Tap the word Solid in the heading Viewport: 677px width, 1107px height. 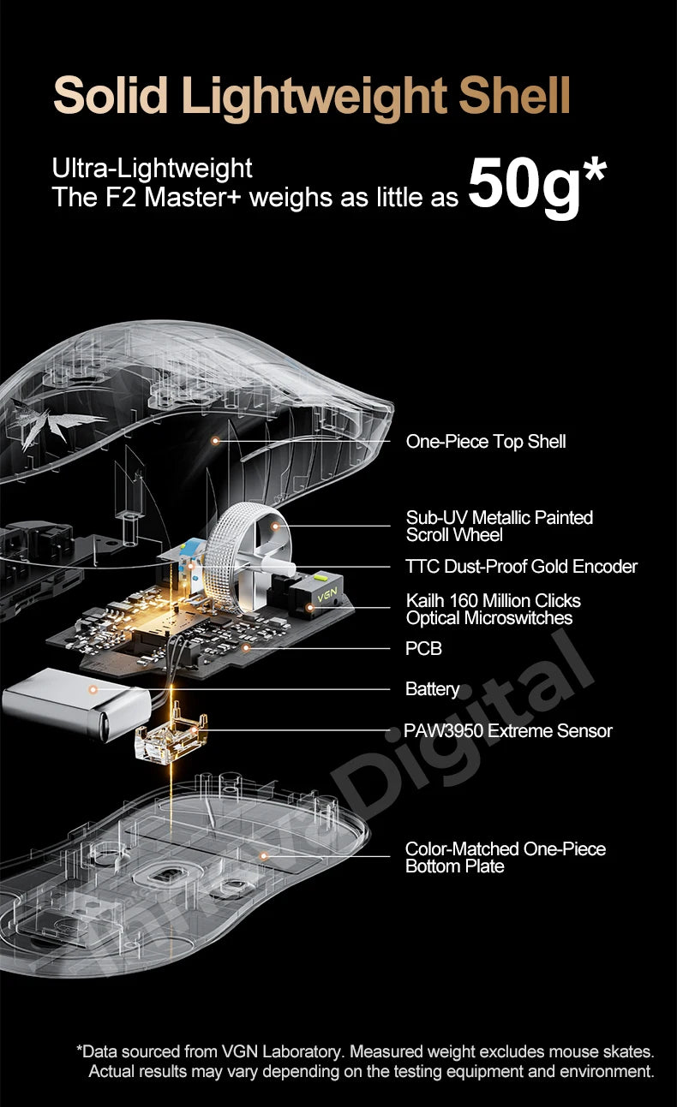(x=111, y=95)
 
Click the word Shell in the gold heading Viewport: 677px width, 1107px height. (x=514, y=95)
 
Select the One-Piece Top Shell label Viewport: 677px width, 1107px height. (x=486, y=441)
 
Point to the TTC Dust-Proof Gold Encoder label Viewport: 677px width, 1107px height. (x=521, y=567)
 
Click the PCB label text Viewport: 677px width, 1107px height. (x=423, y=648)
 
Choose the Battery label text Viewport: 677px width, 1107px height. (x=432, y=689)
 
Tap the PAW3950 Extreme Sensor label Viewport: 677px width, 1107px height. (x=508, y=730)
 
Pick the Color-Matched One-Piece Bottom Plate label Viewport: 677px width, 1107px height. (x=506, y=857)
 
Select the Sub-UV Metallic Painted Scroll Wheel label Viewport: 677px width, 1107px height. (x=500, y=526)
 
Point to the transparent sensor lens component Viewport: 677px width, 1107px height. (x=171, y=738)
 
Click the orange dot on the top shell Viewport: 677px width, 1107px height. (x=215, y=440)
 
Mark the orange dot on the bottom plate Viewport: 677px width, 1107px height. (x=264, y=856)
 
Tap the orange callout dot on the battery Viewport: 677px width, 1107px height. (x=93, y=689)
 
